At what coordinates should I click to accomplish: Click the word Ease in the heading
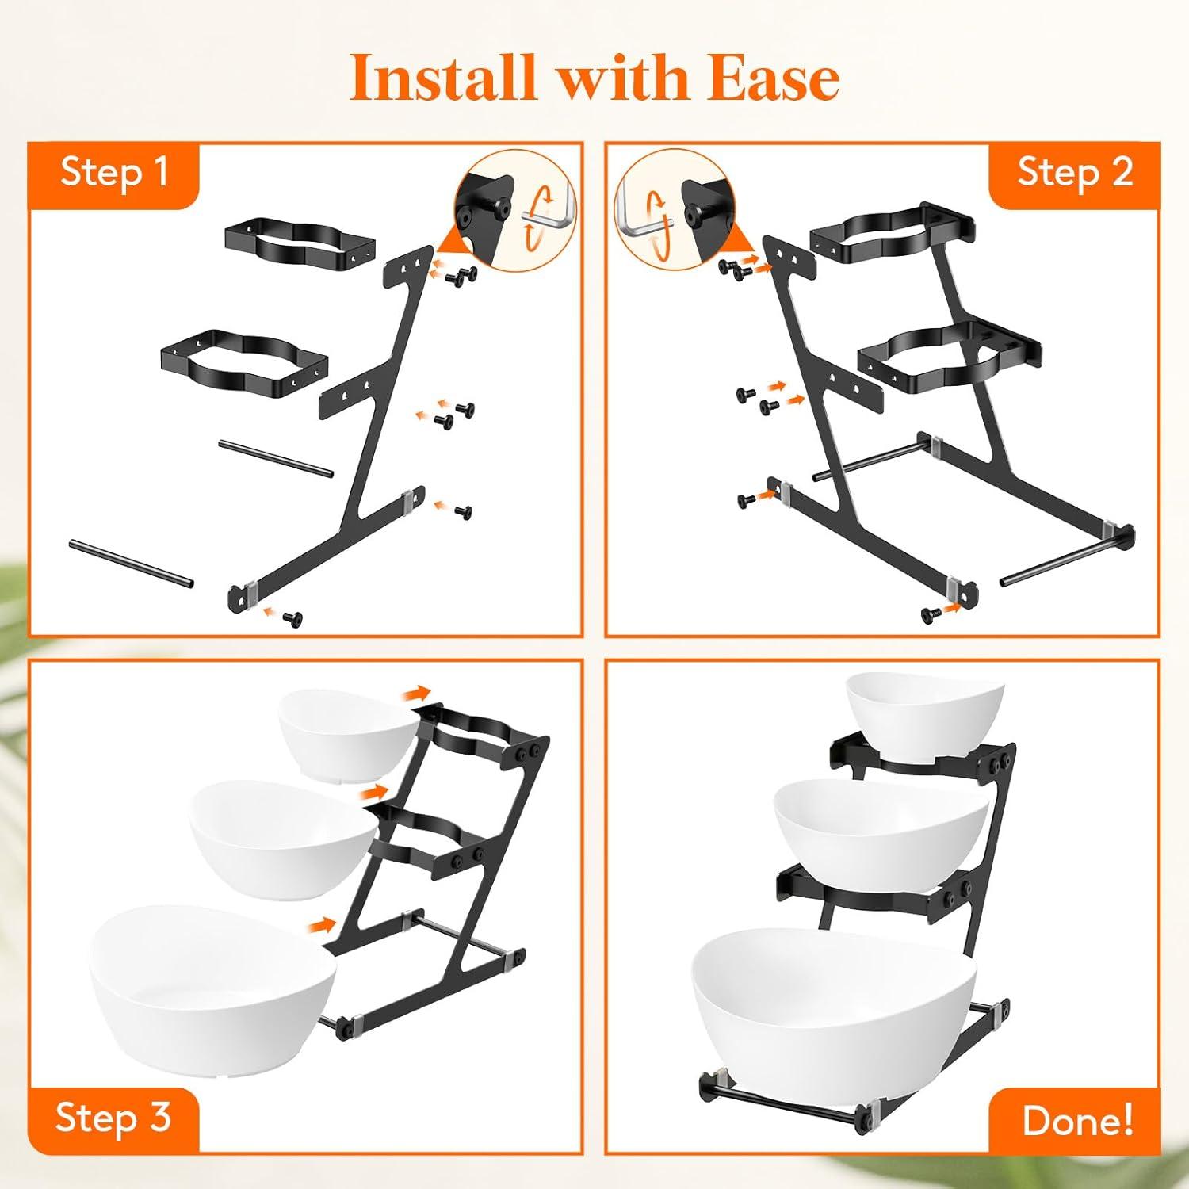[x=774, y=78]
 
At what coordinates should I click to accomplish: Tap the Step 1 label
[x=115, y=172]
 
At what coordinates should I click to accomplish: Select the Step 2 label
[x=1075, y=172]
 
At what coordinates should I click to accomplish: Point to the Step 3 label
[x=113, y=1118]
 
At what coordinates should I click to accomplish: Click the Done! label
[x=1077, y=1121]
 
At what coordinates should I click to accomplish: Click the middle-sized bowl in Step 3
[x=284, y=838]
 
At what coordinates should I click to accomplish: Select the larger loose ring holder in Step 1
[x=244, y=364]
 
